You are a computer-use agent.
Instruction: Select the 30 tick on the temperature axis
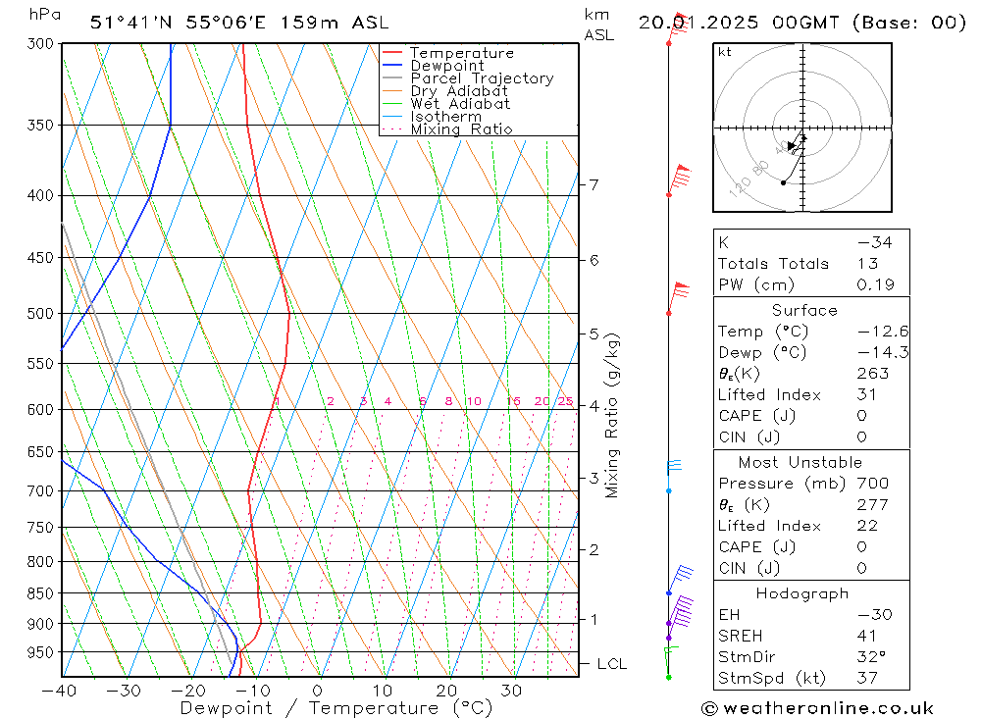[x=511, y=690]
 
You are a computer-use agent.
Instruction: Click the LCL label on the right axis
[x=611, y=664]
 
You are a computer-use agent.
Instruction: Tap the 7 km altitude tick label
[x=594, y=184]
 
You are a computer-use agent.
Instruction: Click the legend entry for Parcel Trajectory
[x=482, y=78]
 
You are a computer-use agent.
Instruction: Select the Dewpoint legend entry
[x=447, y=66]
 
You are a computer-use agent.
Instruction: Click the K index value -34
[x=873, y=242]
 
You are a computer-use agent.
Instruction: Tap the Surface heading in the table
[x=804, y=310]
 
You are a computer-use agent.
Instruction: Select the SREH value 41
[x=867, y=636]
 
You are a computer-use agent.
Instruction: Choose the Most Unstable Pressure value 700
[x=872, y=483]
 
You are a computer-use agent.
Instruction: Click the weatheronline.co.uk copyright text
[x=817, y=707]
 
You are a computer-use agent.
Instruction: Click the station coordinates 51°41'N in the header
[x=129, y=23]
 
